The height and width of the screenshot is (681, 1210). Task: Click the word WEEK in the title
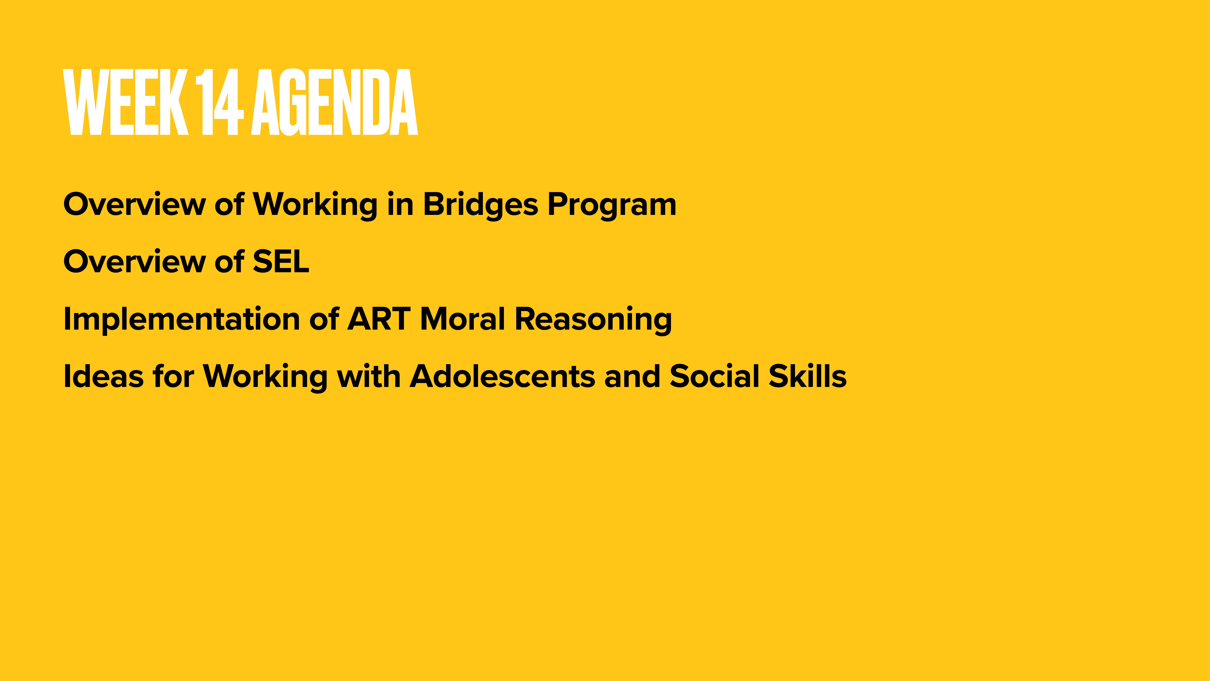point(126,102)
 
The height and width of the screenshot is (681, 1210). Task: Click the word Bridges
point(480,205)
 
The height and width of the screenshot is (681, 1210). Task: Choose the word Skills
point(807,377)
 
